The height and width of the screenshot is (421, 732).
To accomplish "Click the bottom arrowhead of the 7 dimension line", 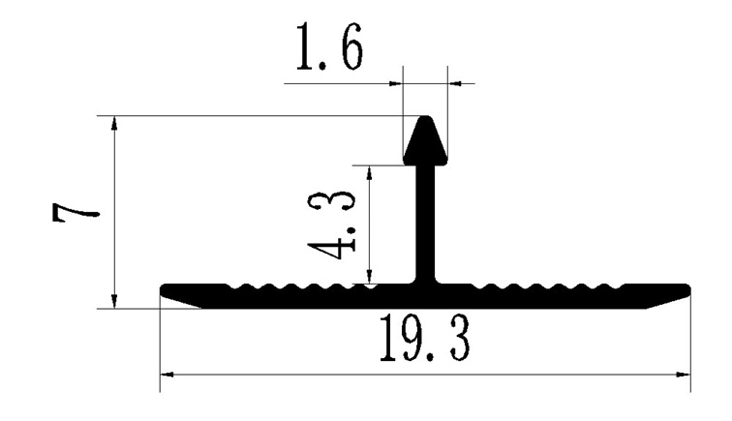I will point(115,301).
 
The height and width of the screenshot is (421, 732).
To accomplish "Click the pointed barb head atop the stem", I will point(425,140).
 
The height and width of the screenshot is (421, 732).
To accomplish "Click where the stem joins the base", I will point(425,283).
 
